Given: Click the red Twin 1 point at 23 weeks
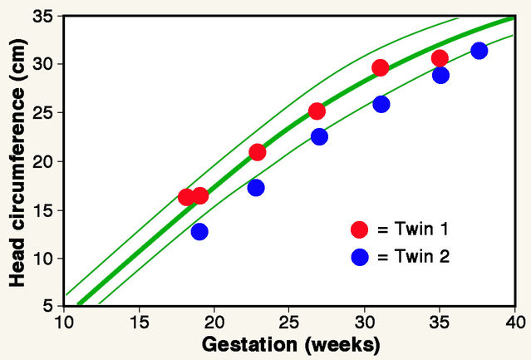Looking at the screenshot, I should (x=258, y=152).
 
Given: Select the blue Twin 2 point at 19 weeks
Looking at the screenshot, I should (x=199, y=231).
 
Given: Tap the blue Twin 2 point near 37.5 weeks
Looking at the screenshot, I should (x=479, y=51).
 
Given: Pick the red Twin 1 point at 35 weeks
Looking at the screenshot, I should (x=440, y=58).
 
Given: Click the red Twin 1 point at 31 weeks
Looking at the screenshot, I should (x=381, y=68).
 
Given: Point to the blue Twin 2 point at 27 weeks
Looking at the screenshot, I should (x=319, y=136).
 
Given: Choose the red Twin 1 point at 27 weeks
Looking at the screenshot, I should (x=317, y=111).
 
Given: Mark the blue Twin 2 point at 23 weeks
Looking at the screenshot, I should (x=256, y=188).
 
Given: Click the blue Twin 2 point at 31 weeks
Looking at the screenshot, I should (x=381, y=104).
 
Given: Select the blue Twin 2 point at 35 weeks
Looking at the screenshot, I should (x=440, y=75).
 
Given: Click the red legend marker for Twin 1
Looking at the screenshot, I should (x=359, y=229).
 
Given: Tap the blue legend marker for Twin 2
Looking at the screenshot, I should (x=359, y=257).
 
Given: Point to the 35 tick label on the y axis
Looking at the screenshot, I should (x=43, y=17).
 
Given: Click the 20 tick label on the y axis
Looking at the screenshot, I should (x=43, y=162).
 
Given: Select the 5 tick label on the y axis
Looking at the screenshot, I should (x=48, y=307).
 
